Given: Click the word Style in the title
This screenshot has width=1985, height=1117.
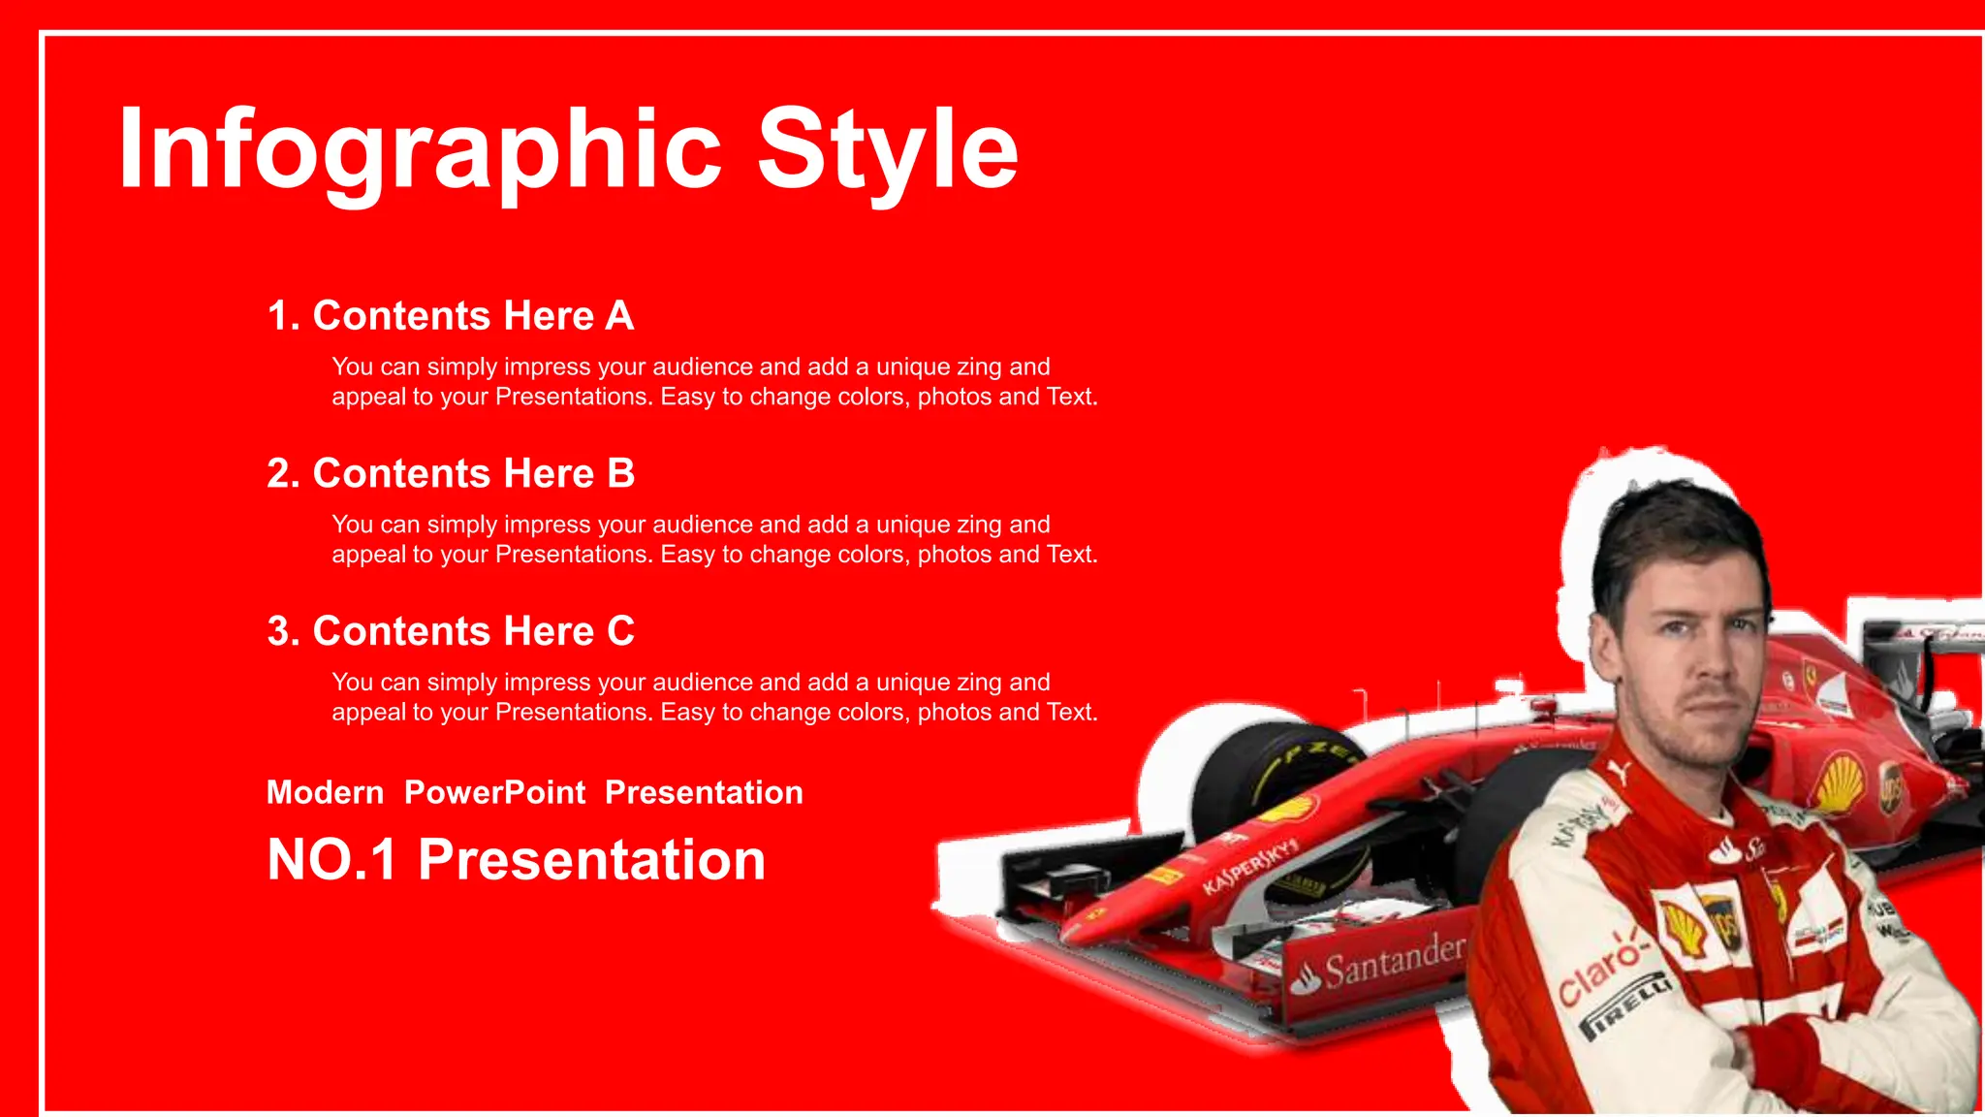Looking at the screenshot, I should [x=886, y=150].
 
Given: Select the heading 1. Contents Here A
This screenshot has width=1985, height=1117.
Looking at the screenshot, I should [x=450, y=316].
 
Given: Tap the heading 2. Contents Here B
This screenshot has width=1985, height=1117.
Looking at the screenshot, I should [x=450, y=474].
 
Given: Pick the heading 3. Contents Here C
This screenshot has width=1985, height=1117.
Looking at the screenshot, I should [x=450, y=631].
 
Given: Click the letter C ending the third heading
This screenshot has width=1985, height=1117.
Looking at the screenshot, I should [x=620, y=631].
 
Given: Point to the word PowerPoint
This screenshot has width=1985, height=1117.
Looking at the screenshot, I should [x=494, y=792].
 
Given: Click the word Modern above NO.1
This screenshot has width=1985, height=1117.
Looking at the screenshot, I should [x=325, y=792].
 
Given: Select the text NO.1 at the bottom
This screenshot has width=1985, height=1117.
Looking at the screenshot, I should [x=331, y=860].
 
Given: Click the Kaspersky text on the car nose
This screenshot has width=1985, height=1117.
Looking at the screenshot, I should [x=1249, y=867].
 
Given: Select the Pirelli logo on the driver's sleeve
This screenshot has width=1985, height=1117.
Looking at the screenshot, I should [x=1628, y=1008].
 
